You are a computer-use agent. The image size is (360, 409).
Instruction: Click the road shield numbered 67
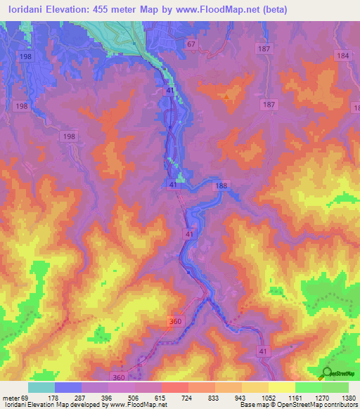tap(191, 44)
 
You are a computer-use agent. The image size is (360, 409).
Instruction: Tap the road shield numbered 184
tap(342, 56)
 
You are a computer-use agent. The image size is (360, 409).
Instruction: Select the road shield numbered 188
tap(222, 186)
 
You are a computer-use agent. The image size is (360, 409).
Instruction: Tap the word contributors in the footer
tap(340, 405)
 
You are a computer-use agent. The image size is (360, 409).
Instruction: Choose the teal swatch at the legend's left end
tap(41, 387)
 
